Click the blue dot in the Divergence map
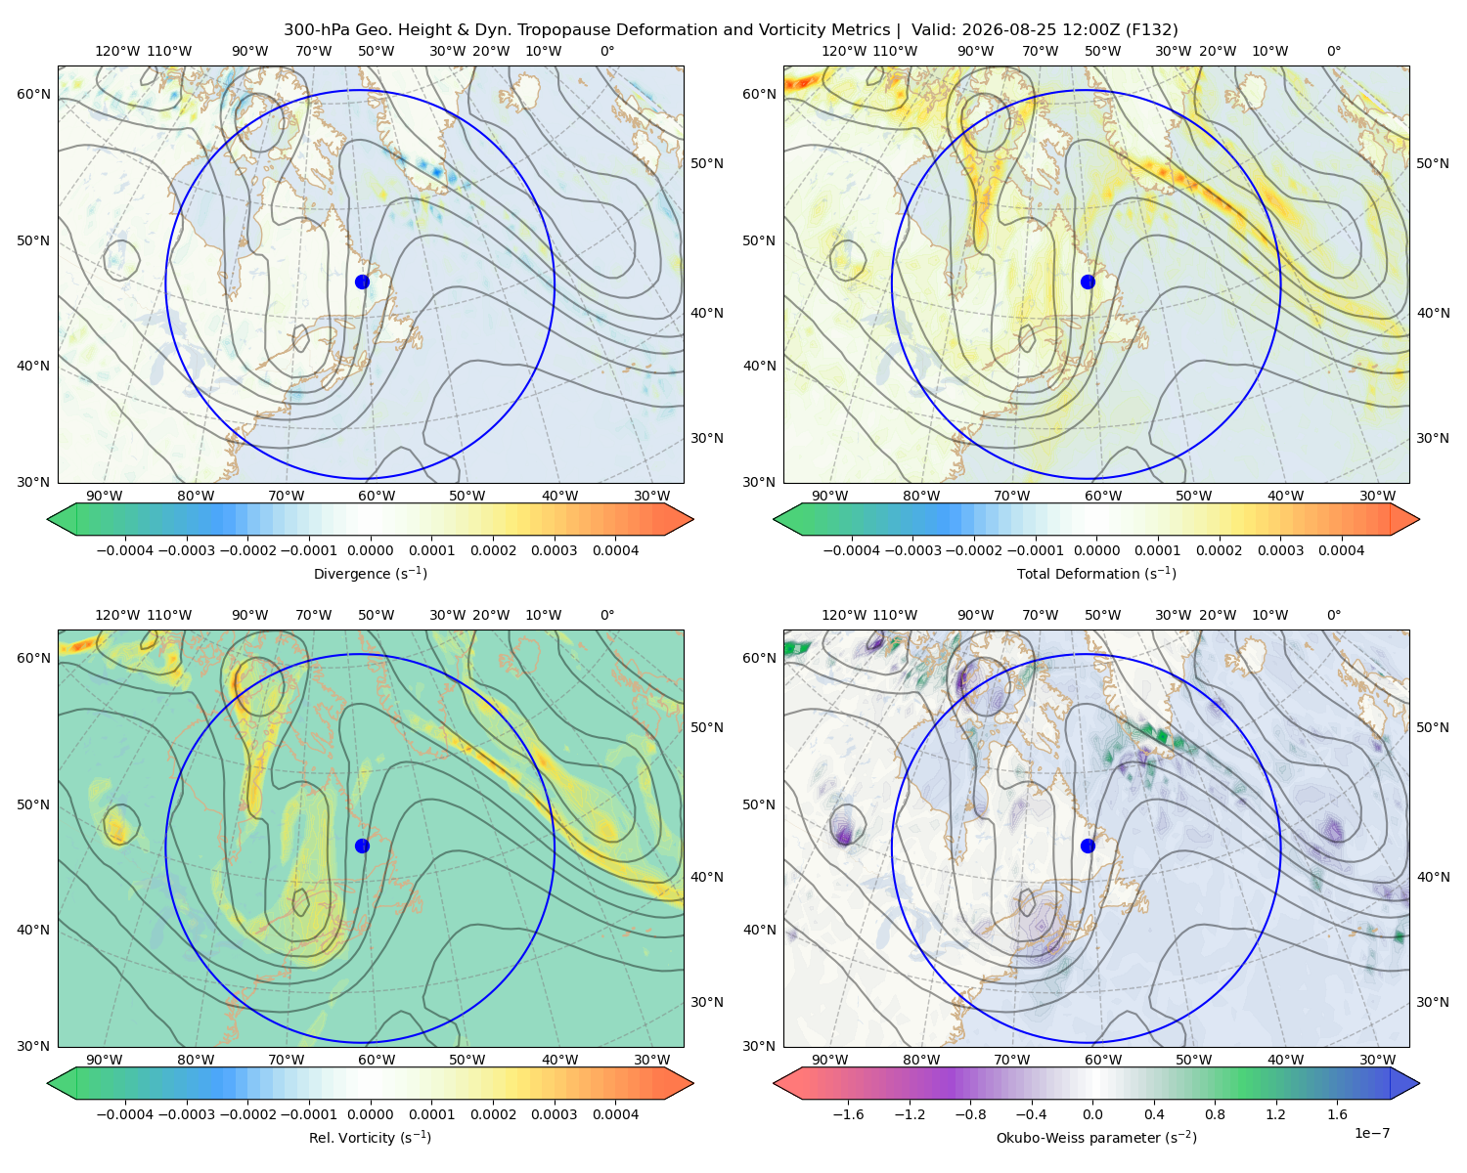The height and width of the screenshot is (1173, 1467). click(362, 282)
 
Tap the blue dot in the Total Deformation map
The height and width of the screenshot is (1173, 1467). click(1088, 282)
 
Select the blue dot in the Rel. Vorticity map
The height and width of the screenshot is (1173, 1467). click(362, 846)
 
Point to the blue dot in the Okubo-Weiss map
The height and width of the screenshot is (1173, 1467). click(1088, 846)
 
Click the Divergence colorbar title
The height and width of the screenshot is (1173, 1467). click(370, 574)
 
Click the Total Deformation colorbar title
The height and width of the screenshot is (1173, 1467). click(1096, 574)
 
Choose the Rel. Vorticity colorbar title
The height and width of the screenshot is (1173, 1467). click(370, 1138)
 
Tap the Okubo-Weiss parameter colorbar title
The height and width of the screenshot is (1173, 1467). click(1096, 1138)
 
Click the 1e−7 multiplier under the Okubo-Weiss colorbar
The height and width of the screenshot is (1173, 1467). click(1371, 1133)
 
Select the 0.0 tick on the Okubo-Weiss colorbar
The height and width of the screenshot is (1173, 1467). click(1092, 1114)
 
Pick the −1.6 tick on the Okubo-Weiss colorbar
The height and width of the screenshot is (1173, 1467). click(848, 1114)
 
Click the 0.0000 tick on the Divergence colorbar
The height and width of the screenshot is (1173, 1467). click(370, 550)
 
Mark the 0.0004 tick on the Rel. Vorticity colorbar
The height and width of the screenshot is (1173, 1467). click(615, 1114)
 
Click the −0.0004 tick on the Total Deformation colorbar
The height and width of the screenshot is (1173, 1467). click(852, 550)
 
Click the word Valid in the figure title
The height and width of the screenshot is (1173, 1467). click(930, 30)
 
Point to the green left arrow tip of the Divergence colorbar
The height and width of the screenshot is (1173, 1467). click(48, 519)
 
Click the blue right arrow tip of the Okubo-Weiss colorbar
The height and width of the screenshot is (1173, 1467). click(1419, 1083)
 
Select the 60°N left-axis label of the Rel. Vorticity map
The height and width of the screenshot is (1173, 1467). click(33, 658)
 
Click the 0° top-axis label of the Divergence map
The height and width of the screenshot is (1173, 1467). click(607, 51)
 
